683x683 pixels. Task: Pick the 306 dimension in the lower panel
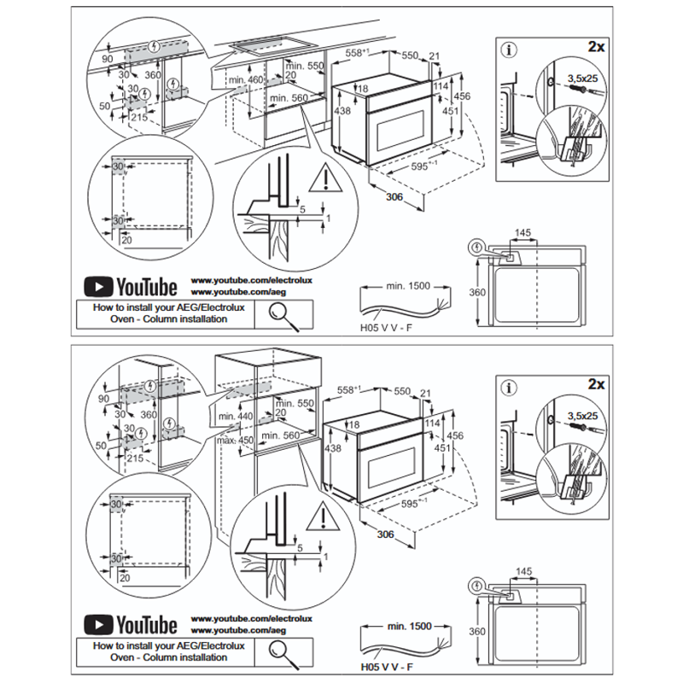[x=386, y=534]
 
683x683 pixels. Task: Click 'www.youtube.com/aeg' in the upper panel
[x=232, y=292]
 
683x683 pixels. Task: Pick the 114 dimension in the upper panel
[x=440, y=87]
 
